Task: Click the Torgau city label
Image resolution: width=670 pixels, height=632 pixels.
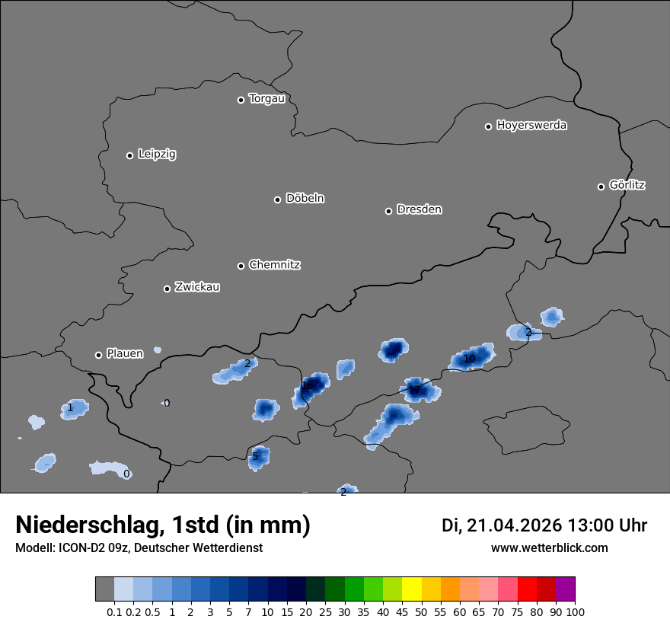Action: pyautogui.click(x=266, y=99)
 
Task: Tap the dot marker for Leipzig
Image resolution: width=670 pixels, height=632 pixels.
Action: pyautogui.click(x=129, y=155)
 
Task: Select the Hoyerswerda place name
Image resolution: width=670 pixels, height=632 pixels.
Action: pyautogui.click(x=531, y=125)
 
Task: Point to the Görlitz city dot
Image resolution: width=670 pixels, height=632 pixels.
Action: pyautogui.click(x=601, y=187)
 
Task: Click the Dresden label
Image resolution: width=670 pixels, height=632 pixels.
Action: pyautogui.click(x=419, y=209)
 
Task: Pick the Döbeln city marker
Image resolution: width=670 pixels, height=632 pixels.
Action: pyautogui.click(x=277, y=199)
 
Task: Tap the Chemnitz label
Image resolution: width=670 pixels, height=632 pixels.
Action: pyautogui.click(x=274, y=265)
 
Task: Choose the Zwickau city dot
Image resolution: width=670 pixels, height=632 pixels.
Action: pyautogui.click(x=167, y=289)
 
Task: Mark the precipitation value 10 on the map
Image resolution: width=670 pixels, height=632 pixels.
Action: pyautogui.click(x=469, y=359)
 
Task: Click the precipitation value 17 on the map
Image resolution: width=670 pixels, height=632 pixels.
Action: pyautogui.click(x=414, y=391)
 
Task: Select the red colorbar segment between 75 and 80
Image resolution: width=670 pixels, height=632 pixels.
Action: pyautogui.click(x=527, y=589)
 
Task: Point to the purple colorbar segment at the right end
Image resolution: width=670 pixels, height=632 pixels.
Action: pyautogui.click(x=566, y=589)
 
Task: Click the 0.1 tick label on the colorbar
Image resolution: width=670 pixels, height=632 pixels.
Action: pyautogui.click(x=114, y=611)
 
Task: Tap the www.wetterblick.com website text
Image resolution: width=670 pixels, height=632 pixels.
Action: pyautogui.click(x=550, y=547)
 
